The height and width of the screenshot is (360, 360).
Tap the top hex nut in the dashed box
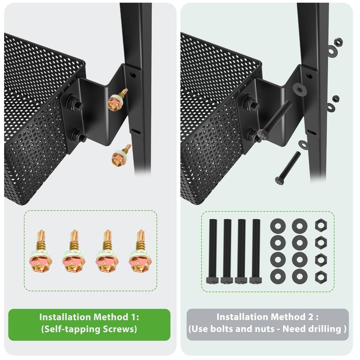point(321,225)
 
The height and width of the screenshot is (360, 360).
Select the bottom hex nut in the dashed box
point(321,277)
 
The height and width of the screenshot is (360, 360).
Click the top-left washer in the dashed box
point(278,226)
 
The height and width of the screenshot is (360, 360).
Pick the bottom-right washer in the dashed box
point(300,276)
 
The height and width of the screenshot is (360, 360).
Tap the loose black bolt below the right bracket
point(288,168)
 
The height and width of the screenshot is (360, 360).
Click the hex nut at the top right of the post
point(338,42)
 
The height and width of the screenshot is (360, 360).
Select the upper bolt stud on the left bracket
point(75,102)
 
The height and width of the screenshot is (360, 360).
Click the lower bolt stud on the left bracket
point(79,136)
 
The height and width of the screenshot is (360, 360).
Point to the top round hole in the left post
point(132,75)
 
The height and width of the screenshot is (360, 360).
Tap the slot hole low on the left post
point(136,132)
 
